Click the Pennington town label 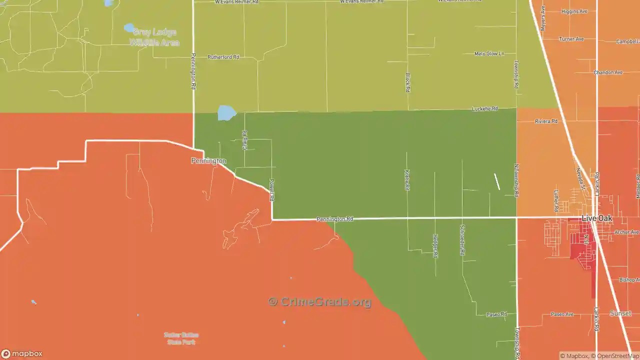coord(208,161)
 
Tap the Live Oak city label coord(597,219)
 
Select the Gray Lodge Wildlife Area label coord(154,37)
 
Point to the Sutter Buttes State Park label coord(181,338)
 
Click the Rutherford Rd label coord(223,57)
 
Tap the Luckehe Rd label coord(485,109)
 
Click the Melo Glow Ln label coord(489,53)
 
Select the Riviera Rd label coord(546,121)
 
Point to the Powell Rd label coord(272,190)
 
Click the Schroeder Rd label coord(462,240)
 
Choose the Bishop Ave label coord(629,280)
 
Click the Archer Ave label coord(626,232)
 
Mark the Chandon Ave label coord(608,72)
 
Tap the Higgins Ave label coord(574,11)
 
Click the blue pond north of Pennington coord(226,113)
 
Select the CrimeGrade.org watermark coord(320,301)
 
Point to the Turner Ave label coord(571,39)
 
